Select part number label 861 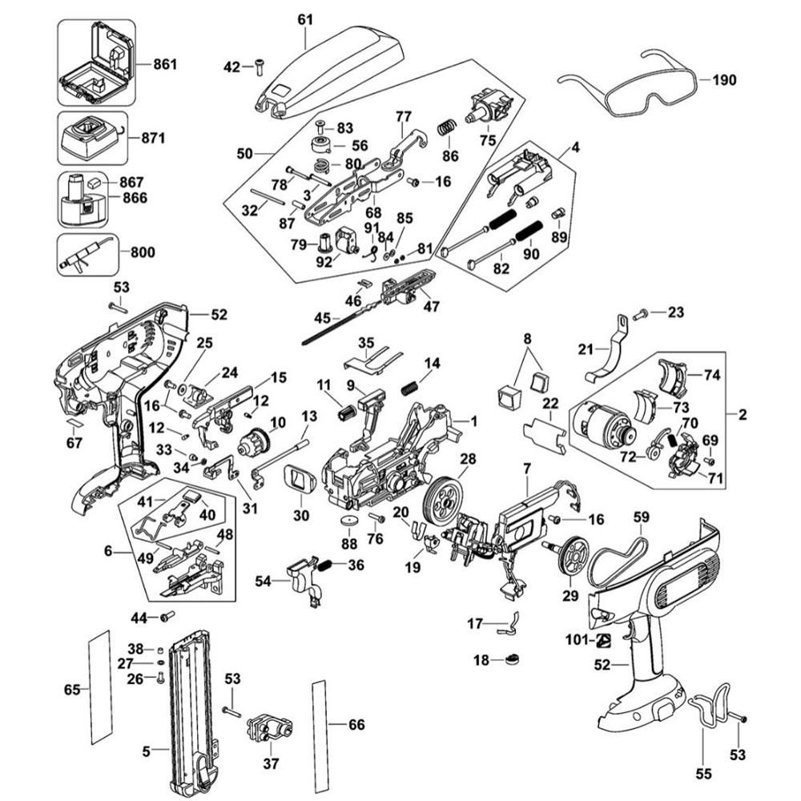tap(165, 64)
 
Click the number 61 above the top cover tap(305, 20)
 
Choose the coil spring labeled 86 tap(446, 127)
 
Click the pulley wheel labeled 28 tap(442, 500)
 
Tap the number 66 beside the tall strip tap(356, 724)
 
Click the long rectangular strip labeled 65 tap(100, 687)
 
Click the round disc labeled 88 tap(349, 523)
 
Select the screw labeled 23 tap(640, 315)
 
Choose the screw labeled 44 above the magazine tap(167, 617)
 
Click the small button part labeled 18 tap(512, 659)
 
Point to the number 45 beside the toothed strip tap(322, 318)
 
